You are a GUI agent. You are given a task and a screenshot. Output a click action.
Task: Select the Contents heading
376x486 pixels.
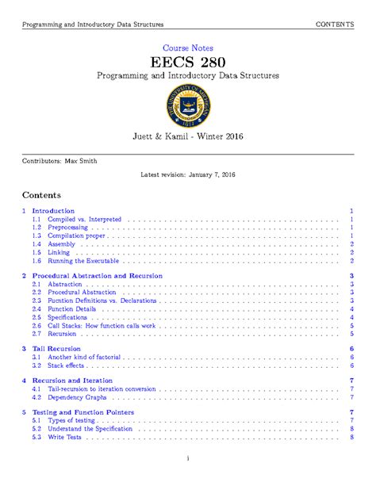tap(40, 195)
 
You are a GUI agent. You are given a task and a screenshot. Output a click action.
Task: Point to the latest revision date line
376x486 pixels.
tap(188, 174)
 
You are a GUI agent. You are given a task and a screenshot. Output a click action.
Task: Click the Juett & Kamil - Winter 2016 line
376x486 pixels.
tap(188, 137)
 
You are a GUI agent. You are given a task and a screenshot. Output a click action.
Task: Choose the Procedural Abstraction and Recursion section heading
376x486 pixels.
tap(97, 275)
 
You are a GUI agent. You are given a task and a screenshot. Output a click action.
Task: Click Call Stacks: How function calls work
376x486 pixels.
tap(102, 326)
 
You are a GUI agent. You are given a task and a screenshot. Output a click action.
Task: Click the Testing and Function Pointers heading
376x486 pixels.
tap(82, 412)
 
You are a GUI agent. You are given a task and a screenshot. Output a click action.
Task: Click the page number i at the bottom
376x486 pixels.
tap(188, 458)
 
